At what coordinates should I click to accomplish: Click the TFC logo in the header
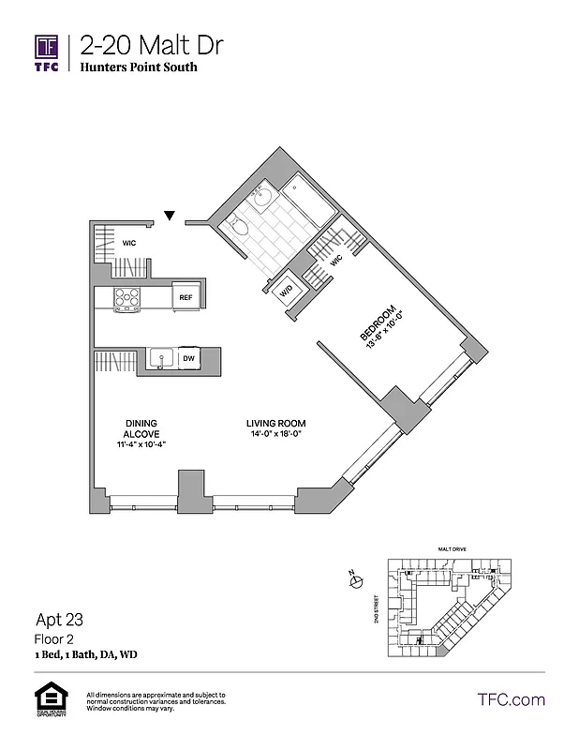pyautogui.click(x=47, y=52)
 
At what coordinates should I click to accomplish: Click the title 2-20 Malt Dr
pyautogui.click(x=152, y=45)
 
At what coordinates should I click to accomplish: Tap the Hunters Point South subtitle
pyautogui.click(x=138, y=67)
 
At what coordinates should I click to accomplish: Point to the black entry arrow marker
pyautogui.click(x=170, y=217)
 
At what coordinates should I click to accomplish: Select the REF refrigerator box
pyautogui.click(x=186, y=298)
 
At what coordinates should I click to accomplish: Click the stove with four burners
pyautogui.click(x=126, y=298)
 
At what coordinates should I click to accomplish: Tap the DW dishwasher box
pyautogui.click(x=188, y=358)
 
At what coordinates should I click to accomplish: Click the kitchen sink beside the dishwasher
pyautogui.click(x=160, y=358)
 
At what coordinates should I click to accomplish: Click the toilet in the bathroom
pyautogui.click(x=239, y=226)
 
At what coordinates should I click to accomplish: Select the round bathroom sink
pyautogui.click(x=261, y=197)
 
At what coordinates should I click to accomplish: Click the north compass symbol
pyautogui.click(x=356, y=582)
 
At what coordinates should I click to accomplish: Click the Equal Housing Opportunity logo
pyautogui.click(x=47, y=699)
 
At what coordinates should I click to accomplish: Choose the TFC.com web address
pyautogui.click(x=511, y=699)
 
